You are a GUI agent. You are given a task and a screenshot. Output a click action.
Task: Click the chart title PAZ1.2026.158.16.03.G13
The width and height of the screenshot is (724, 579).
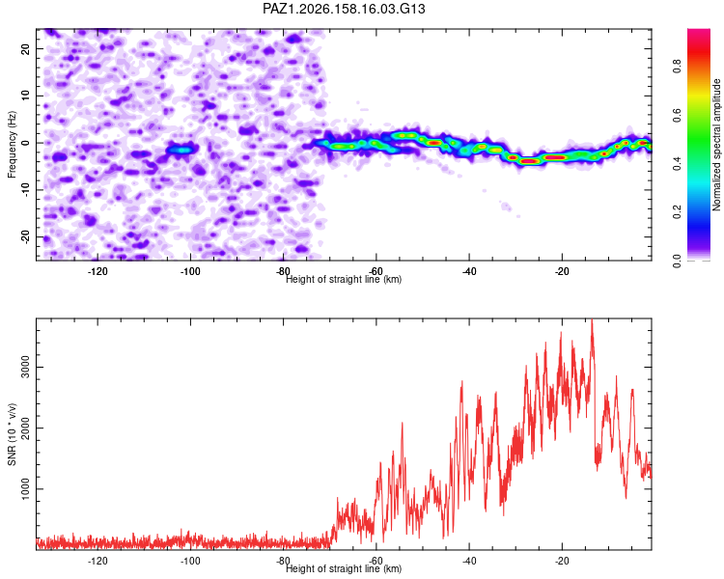coord(344,9)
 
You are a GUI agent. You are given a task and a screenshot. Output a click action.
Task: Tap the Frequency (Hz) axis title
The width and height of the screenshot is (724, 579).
coord(12,145)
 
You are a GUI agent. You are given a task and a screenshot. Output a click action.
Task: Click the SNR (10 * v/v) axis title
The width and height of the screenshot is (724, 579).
coord(12,434)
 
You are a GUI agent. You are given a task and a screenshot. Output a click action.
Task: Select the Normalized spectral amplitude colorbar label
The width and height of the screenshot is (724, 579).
coord(716,145)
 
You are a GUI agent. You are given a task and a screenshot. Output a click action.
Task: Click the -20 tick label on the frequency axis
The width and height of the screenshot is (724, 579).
coord(26,237)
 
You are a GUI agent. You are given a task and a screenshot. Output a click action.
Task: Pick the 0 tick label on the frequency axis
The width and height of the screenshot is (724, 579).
coord(26,143)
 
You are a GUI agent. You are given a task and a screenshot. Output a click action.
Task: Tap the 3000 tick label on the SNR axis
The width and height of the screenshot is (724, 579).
coord(26,367)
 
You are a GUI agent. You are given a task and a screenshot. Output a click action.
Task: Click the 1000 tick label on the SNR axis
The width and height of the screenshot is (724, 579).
coord(26,488)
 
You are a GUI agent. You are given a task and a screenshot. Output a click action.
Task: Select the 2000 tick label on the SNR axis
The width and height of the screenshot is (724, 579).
coord(26,428)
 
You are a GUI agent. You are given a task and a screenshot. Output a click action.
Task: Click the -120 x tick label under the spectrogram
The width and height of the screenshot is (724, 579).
coord(97,271)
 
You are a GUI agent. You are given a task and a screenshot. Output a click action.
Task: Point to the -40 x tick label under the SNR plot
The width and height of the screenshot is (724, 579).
coord(469,561)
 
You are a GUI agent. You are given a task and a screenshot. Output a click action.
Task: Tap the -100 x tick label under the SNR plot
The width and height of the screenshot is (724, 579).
coord(190,561)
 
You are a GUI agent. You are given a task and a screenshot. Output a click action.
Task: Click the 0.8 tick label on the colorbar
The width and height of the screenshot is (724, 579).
coord(677,66)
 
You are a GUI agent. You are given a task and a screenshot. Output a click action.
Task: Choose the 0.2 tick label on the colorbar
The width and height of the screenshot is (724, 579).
coord(677,212)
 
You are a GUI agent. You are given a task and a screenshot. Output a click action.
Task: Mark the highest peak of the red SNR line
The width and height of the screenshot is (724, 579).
coord(592,319)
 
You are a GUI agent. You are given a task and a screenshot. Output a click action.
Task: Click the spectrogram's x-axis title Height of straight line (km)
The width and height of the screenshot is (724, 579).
coord(344,279)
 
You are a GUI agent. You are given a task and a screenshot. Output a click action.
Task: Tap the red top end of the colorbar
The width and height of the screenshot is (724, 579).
coord(699,32)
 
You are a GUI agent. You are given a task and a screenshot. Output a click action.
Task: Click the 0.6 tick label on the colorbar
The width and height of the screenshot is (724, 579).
coord(677,115)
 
